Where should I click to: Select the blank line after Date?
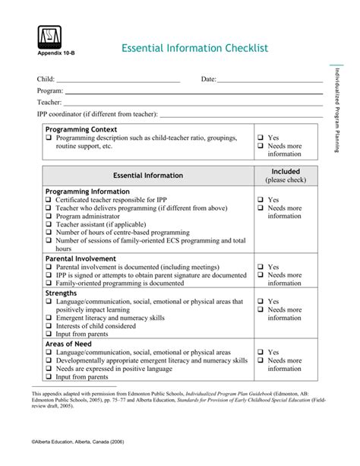(270, 80)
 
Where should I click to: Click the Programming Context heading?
(81, 130)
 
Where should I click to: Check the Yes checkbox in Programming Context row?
(260, 138)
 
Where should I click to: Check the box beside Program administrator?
(49, 217)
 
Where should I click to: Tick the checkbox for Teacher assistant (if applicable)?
(49, 224)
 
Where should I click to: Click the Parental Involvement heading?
(81, 258)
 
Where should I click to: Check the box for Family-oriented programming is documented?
(49, 283)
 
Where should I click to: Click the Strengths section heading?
(62, 293)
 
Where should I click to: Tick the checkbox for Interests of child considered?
(49, 325)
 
